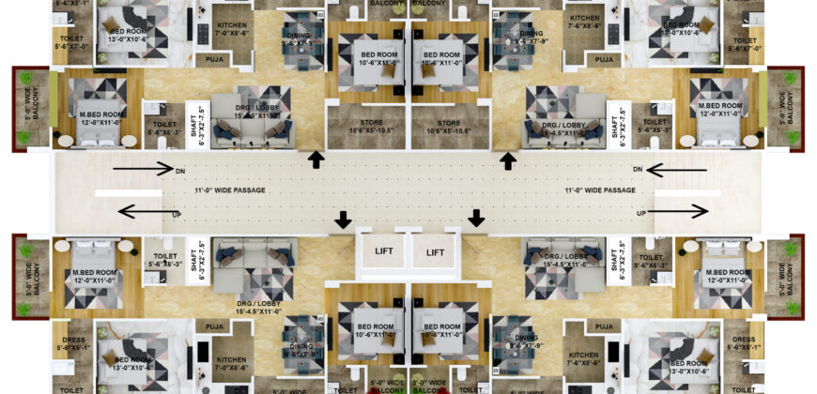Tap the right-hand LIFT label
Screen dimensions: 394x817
coord(435,252)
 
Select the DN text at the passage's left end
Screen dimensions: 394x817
coord(181,171)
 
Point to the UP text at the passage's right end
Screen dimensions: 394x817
coord(641,213)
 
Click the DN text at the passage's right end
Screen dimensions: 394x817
coord(637,170)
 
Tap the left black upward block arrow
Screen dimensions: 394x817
coord(316,160)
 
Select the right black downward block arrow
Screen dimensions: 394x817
coord(476,219)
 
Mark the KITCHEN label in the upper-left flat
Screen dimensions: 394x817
coord(232,25)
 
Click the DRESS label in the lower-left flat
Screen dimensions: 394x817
coord(73,340)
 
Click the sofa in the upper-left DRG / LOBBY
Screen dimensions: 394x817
coord(250,131)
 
